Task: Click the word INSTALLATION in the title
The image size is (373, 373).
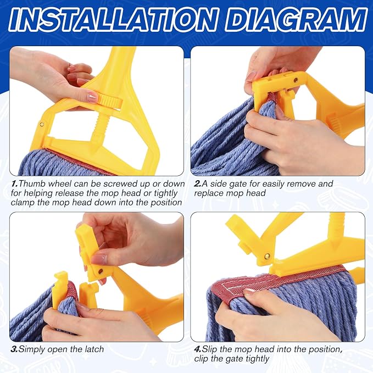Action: (x=112, y=20)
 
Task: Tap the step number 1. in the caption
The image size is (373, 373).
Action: (x=15, y=184)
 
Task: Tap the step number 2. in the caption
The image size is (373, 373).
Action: (x=198, y=184)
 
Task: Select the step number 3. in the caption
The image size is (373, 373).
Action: (x=14, y=349)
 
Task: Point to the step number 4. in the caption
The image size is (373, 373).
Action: (x=198, y=349)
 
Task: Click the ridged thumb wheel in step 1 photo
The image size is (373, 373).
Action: (x=110, y=101)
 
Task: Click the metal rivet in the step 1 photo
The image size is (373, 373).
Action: (x=42, y=124)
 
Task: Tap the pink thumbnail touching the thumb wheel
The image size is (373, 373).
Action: (x=92, y=97)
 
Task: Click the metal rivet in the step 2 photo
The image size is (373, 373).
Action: (x=296, y=80)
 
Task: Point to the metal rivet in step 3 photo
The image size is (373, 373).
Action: (x=101, y=271)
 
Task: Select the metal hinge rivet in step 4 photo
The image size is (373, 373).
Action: (x=267, y=257)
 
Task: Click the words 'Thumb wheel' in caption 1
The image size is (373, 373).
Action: (x=44, y=184)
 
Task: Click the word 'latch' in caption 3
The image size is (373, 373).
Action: (x=94, y=349)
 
